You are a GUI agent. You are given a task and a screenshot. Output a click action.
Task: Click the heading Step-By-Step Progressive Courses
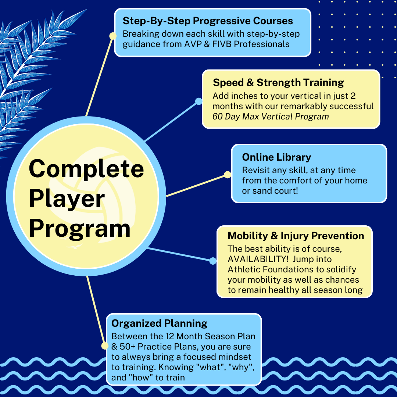tap(208, 21)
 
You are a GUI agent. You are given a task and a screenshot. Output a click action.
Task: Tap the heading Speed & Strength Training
tap(278, 82)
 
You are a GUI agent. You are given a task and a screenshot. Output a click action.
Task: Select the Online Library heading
tap(276, 157)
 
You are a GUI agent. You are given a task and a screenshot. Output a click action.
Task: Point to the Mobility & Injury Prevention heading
tap(296, 236)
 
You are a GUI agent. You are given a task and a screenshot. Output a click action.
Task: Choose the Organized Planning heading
tap(159, 323)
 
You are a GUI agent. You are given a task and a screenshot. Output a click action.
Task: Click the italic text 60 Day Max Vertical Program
tap(271, 117)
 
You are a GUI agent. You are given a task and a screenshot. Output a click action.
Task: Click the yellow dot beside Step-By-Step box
tap(113, 36)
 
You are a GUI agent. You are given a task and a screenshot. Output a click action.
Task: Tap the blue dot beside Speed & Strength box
tap(199, 101)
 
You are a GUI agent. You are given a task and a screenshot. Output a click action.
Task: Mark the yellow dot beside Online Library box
tap(228, 175)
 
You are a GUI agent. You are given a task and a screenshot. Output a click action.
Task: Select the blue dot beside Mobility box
tap(213, 261)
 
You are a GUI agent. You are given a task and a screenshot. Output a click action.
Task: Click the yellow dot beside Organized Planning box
tap(105, 346)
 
